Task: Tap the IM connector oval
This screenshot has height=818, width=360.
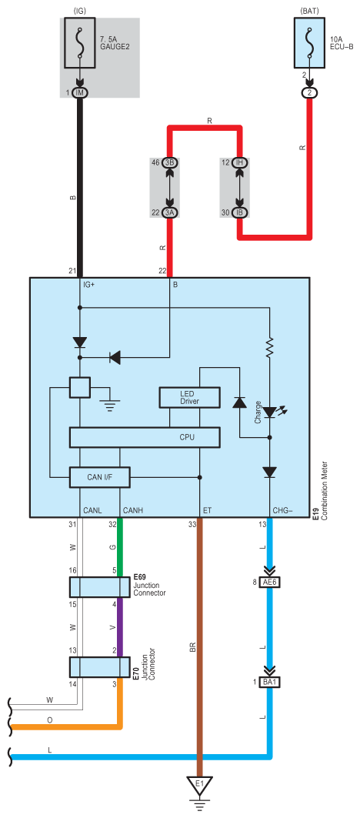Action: click(80, 93)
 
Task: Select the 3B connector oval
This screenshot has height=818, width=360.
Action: click(170, 163)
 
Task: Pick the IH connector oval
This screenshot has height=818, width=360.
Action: click(239, 163)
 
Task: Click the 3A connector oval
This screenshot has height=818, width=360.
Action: click(170, 212)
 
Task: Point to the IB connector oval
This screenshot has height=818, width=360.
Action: click(239, 212)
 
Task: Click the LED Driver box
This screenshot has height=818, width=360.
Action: click(190, 398)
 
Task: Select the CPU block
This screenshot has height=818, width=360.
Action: click(145, 437)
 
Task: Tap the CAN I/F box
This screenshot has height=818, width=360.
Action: click(100, 477)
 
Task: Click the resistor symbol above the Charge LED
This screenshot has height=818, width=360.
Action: click(270, 348)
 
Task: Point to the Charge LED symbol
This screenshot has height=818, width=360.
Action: click(271, 412)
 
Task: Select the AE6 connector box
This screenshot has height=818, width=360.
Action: click(270, 583)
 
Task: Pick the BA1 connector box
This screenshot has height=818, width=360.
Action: click(270, 682)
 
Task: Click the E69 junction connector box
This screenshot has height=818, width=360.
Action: click(100, 587)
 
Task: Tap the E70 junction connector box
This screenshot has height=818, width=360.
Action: click(100, 666)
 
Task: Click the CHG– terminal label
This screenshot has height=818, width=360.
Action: click(282, 509)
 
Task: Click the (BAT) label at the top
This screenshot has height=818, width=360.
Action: click(309, 10)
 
